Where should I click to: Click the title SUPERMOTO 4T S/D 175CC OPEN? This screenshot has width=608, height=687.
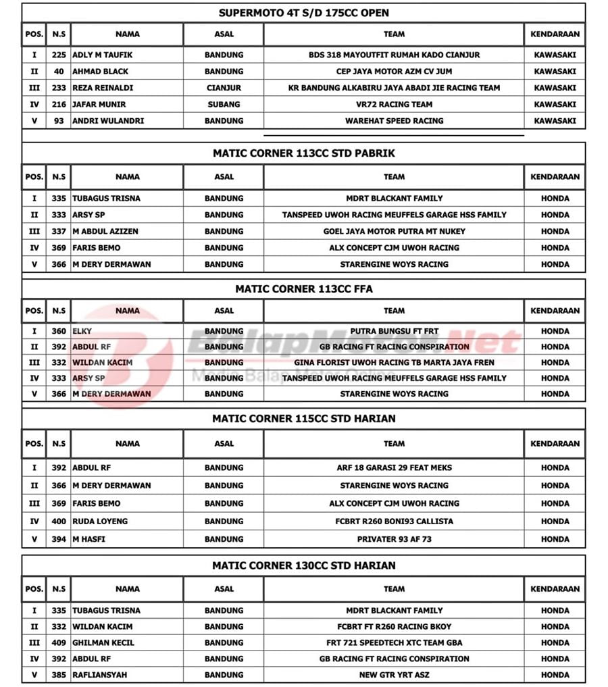coord(303,13)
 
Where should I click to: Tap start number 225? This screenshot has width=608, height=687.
coord(59,55)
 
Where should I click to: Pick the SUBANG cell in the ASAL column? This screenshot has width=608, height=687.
coord(224,104)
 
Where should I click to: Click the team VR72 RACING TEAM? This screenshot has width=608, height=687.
coord(394,104)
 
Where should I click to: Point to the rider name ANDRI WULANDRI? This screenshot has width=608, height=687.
coord(108,121)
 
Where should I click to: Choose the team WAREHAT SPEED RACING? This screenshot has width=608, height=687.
coord(394,121)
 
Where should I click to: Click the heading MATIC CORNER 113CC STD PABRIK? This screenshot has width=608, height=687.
coord(303,153)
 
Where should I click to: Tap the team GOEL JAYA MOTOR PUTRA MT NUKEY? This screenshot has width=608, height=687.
coord(394,231)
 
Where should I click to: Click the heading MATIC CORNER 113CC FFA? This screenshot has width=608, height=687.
coord(303,289)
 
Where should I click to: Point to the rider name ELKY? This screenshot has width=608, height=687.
coord(82,331)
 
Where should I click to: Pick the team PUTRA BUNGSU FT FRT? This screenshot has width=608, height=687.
coord(394,331)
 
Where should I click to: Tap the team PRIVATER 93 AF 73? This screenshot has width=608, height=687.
coord(394,539)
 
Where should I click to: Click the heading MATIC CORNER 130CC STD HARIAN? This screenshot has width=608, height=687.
coord(303,565)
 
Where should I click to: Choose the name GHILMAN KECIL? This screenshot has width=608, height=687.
coord(103,642)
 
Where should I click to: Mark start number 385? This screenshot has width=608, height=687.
coord(59,675)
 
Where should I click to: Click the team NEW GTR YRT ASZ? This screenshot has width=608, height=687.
coord(394,675)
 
